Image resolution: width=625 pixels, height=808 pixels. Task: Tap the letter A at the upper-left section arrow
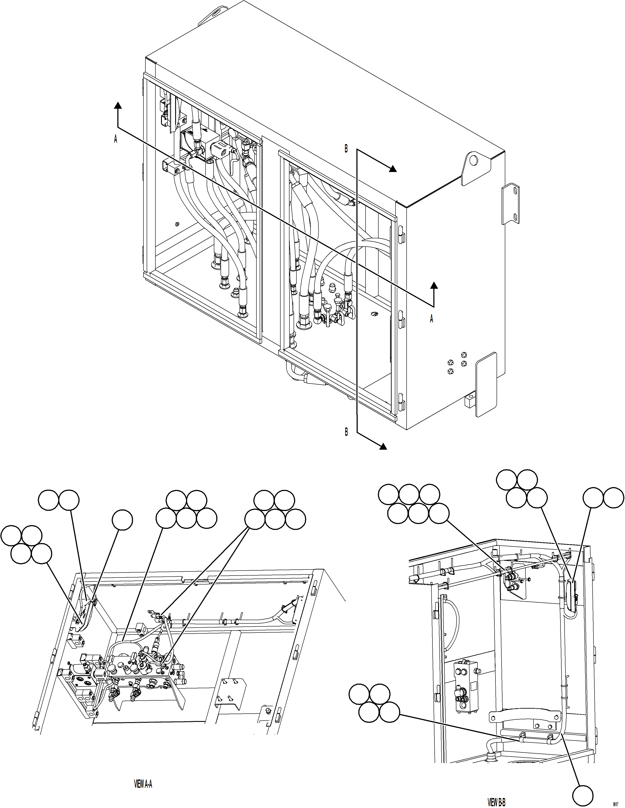115,139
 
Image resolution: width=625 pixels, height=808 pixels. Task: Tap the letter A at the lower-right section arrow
431,319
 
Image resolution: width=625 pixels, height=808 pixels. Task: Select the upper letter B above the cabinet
346,149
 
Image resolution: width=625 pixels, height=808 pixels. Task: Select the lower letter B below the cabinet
346,432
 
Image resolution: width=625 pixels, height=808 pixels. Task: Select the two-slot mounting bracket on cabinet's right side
510,204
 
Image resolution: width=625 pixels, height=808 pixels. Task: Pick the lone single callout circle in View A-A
122,520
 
